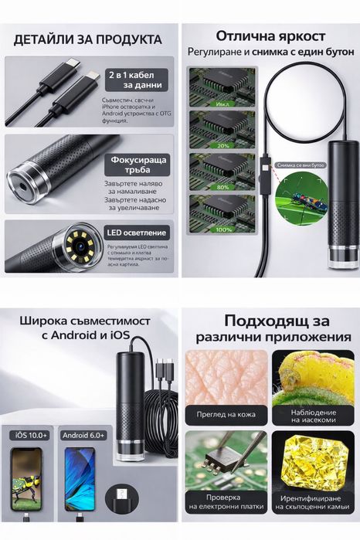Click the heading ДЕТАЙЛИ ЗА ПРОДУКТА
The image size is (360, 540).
[x=90, y=39]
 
